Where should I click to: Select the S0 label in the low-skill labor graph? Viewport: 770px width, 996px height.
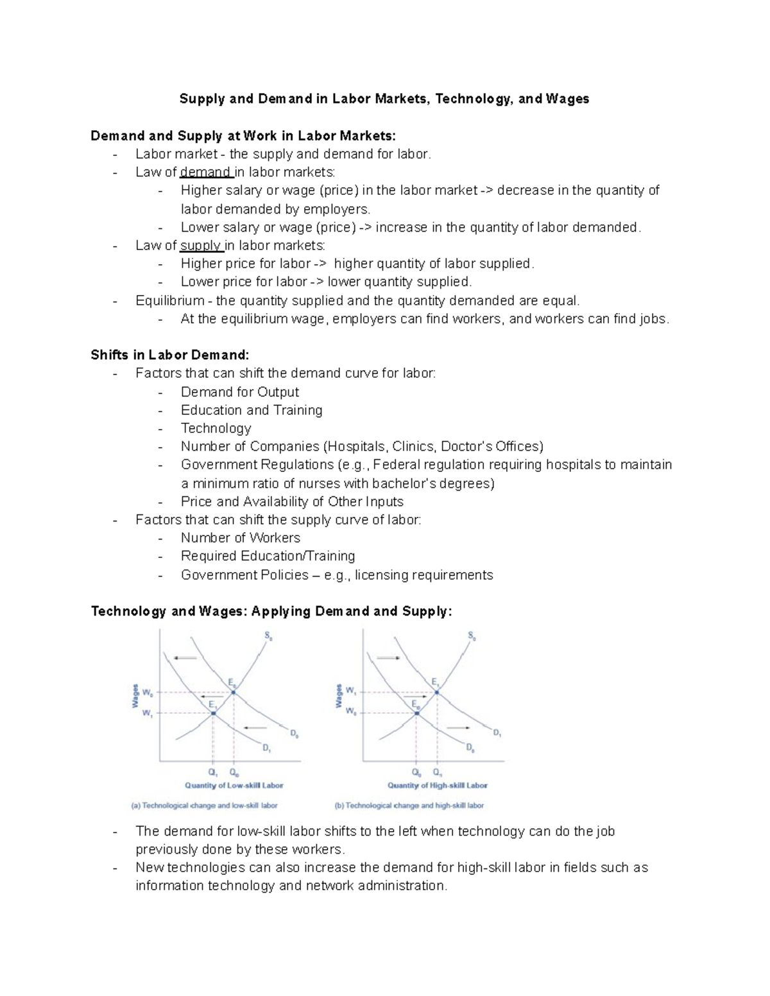pyautogui.click(x=268, y=636)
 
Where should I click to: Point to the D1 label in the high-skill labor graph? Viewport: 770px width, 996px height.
pyautogui.click(x=497, y=732)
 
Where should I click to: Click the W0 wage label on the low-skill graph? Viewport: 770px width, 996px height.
pyautogui.click(x=148, y=693)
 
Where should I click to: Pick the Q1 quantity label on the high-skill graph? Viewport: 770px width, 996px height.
pyautogui.click(x=438, y=773)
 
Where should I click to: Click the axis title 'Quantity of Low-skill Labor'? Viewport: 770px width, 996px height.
pyautogui.click(x=234, y=785)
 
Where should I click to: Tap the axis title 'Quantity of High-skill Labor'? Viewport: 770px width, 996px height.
pyautogui.click(x=438, y=785)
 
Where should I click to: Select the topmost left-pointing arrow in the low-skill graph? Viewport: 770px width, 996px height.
pyautogui.click(x=185, y=657)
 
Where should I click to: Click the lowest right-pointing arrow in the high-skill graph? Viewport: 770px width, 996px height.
pyautogui.click(x=458, y=727)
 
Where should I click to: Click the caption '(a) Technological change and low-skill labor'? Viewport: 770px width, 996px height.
pyautogui.click(x=205, y=806)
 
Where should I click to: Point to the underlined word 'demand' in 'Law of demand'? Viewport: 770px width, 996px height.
pyautogui.click(x=205, y=172)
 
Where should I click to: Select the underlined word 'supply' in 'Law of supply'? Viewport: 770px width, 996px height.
pyautogui.click(x=201, y=246)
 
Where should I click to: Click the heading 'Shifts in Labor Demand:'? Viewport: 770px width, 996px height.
pyautogui.click(x=169, y=355)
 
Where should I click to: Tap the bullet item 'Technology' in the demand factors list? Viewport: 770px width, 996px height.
pyautogui.click(x=216, y=428)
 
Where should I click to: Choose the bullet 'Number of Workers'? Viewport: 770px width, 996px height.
pyautogui.click(x=240, y=538)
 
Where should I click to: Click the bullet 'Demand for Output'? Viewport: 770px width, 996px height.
pyautogui.click(x=239, y=392)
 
